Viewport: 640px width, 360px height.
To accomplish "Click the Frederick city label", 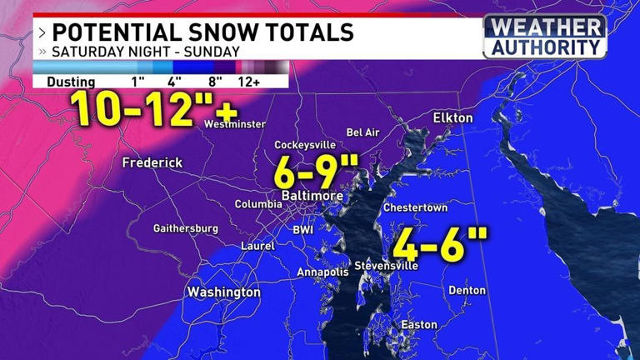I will click(x=152, y=162).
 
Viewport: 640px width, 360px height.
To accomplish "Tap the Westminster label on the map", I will click(x=235, y=124).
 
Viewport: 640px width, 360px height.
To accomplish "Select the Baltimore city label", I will click(x=311, y=195).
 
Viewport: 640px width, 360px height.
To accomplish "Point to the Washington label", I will click(x=223, y=292).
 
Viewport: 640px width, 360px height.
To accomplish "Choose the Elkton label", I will click(x=452, y=118).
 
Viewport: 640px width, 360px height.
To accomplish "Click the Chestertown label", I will click(x=416, y=207).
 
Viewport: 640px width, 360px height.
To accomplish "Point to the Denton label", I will click(x=467, y=291).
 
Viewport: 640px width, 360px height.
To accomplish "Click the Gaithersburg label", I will click(x=186, y=228).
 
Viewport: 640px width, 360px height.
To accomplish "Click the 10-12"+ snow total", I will click(x=154, y=108).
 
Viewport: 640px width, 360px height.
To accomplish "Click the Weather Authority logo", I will click(x=545, y=36).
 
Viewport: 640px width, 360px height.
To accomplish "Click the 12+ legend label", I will click(x=251, y=82).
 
